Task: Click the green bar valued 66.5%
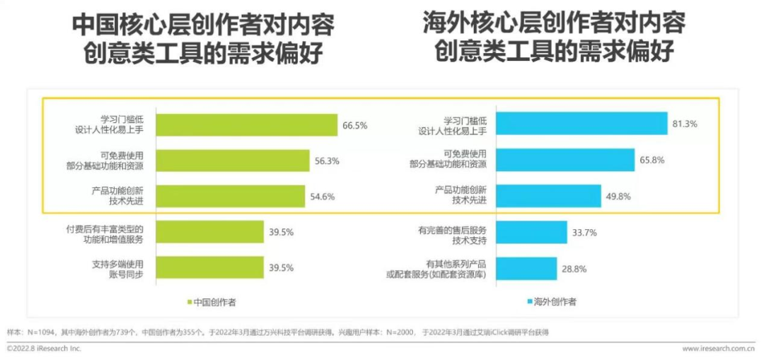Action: coord(246,125)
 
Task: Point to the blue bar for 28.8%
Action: coord(526,268)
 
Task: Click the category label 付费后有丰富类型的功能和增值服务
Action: coord(104,234)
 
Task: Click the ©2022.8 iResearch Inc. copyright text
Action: coord(44,349)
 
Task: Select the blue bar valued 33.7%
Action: coord(531,232)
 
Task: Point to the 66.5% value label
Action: coord(355,126)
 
